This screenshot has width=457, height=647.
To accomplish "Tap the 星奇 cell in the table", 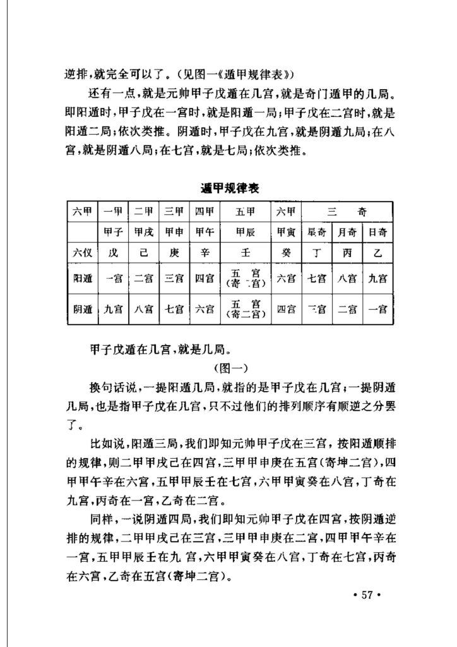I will click(x=317, y=231).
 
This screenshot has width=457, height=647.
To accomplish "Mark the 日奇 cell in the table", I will click(x=377, y=231).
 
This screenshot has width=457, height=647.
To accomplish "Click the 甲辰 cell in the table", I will click(x=245, y=231).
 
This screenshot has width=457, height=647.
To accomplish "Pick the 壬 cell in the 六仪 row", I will click(x=245, y=252).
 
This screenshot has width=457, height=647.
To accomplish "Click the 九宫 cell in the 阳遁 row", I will click(x=377, y=278).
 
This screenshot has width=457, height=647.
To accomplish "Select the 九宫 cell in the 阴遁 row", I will click(x=114, y=310).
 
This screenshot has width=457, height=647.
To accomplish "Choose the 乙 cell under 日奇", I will click(x=377, y=252).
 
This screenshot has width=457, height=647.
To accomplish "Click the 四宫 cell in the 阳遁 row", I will click(x=205, y=278).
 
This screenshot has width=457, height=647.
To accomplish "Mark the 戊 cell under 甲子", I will click(x=114, y=252).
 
